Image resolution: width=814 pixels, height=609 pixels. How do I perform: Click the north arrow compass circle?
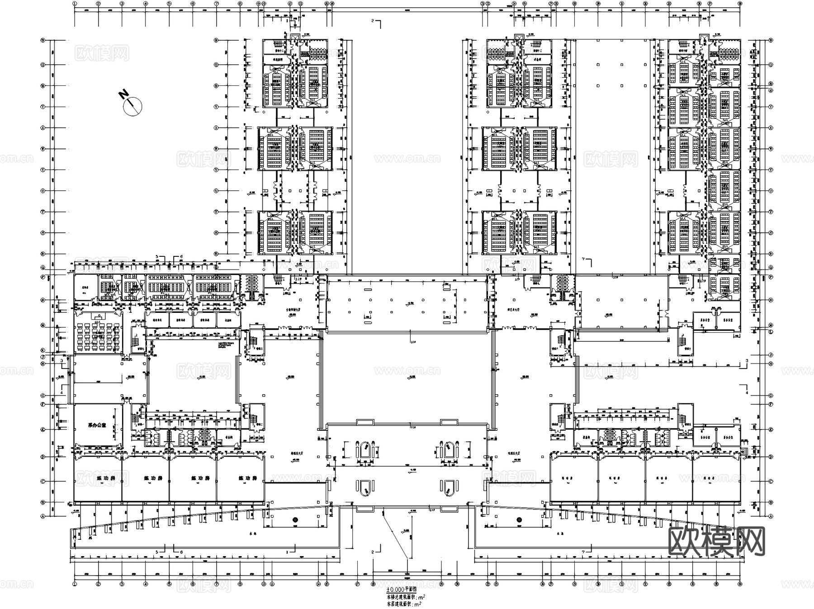pos(133,106)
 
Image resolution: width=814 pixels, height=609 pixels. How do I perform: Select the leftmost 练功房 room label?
pos(105,478)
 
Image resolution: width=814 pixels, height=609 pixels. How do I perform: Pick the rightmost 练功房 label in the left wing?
pos(248,478)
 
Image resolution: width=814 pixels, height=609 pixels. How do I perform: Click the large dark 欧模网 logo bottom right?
pos(716,542)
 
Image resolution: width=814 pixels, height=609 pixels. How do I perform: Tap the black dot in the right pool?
pos(519,519)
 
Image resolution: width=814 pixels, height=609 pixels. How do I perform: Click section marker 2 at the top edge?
pos(373,21)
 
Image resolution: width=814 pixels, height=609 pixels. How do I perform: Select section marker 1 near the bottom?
pos(287,552)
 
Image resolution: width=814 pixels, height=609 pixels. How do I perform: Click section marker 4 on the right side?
pos(747,393)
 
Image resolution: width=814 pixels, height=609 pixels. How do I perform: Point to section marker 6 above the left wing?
pos(181,257)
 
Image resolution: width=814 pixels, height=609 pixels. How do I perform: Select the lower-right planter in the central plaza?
pos(448,487)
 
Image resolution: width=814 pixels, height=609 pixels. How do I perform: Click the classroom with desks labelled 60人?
pos(97,335)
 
